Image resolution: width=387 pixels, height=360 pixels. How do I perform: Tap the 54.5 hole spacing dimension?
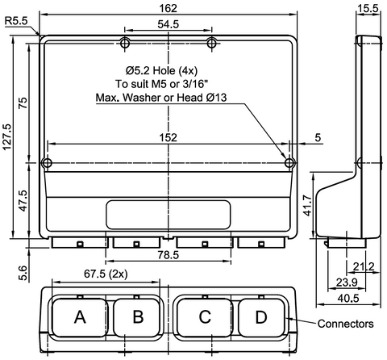(168, 25)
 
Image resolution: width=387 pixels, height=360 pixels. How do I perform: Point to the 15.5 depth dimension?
(368, 8)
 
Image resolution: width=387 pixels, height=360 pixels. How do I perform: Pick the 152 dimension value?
(168, 137)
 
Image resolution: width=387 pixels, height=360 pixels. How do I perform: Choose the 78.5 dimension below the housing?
(168, 255)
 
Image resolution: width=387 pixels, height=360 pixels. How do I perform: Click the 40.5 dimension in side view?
(347, 298)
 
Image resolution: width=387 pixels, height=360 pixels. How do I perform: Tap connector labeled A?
(79, 317)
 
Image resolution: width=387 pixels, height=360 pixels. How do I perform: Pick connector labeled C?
(205, 317)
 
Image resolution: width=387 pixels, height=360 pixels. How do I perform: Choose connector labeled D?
(260, 317)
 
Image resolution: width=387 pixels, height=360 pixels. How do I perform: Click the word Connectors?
(345, 324)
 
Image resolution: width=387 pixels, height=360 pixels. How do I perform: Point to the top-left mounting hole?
(125, 42)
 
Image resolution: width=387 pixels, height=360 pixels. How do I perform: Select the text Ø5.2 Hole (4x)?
(168, 69)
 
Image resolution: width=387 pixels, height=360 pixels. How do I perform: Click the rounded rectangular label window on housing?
(168, 215)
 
